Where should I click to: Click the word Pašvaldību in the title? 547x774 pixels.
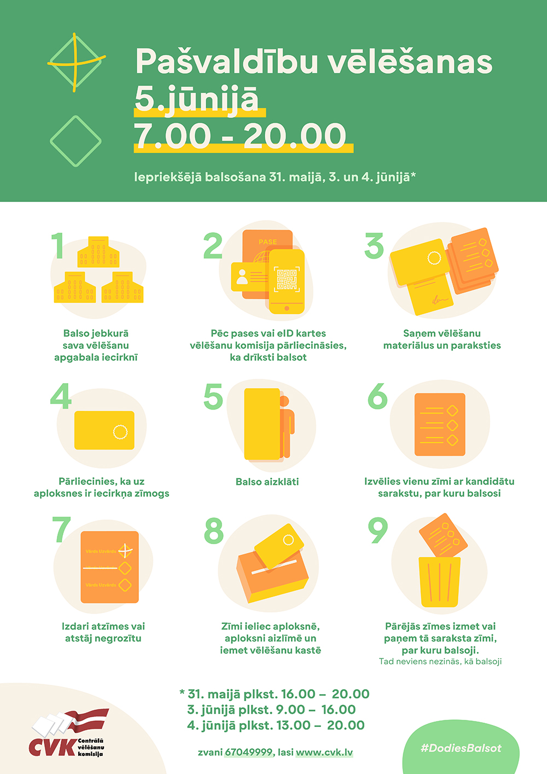click(x=227, y=61)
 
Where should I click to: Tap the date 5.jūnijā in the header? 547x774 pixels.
click(x=196, y=99)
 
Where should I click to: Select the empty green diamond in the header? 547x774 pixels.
click(x=75, y=141)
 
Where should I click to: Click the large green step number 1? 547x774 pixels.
click(x=57, y=245)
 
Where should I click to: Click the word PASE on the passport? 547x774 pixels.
click(x=267, y=242)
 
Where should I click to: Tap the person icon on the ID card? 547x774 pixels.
click(x=242, y=277)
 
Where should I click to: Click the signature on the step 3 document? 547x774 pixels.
click(x=439, y=299)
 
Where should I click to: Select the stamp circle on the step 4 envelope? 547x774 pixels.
click(x=120, y=431)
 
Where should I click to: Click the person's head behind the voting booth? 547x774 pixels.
click(x=284, y=401)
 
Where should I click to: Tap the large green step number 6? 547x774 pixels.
click(x=377, y=396)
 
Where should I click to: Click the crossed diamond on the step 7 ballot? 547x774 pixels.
click(x=125, y=551)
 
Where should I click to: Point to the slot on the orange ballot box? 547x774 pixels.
click(x=274, y=567)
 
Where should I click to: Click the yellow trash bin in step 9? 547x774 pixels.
click(x=439, y=582)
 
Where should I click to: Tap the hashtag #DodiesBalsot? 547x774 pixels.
click(x=461, y=748)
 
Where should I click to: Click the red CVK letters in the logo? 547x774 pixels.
click(x=53, y=747)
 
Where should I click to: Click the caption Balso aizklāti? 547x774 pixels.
click(x=267, y=482)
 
